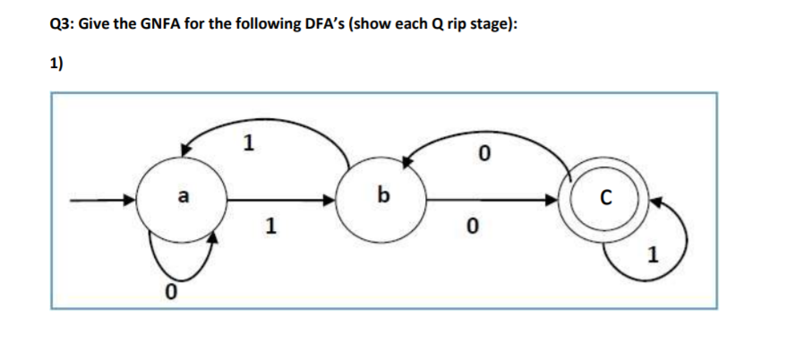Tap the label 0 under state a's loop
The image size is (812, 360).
167,291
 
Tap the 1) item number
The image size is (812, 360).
56,64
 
